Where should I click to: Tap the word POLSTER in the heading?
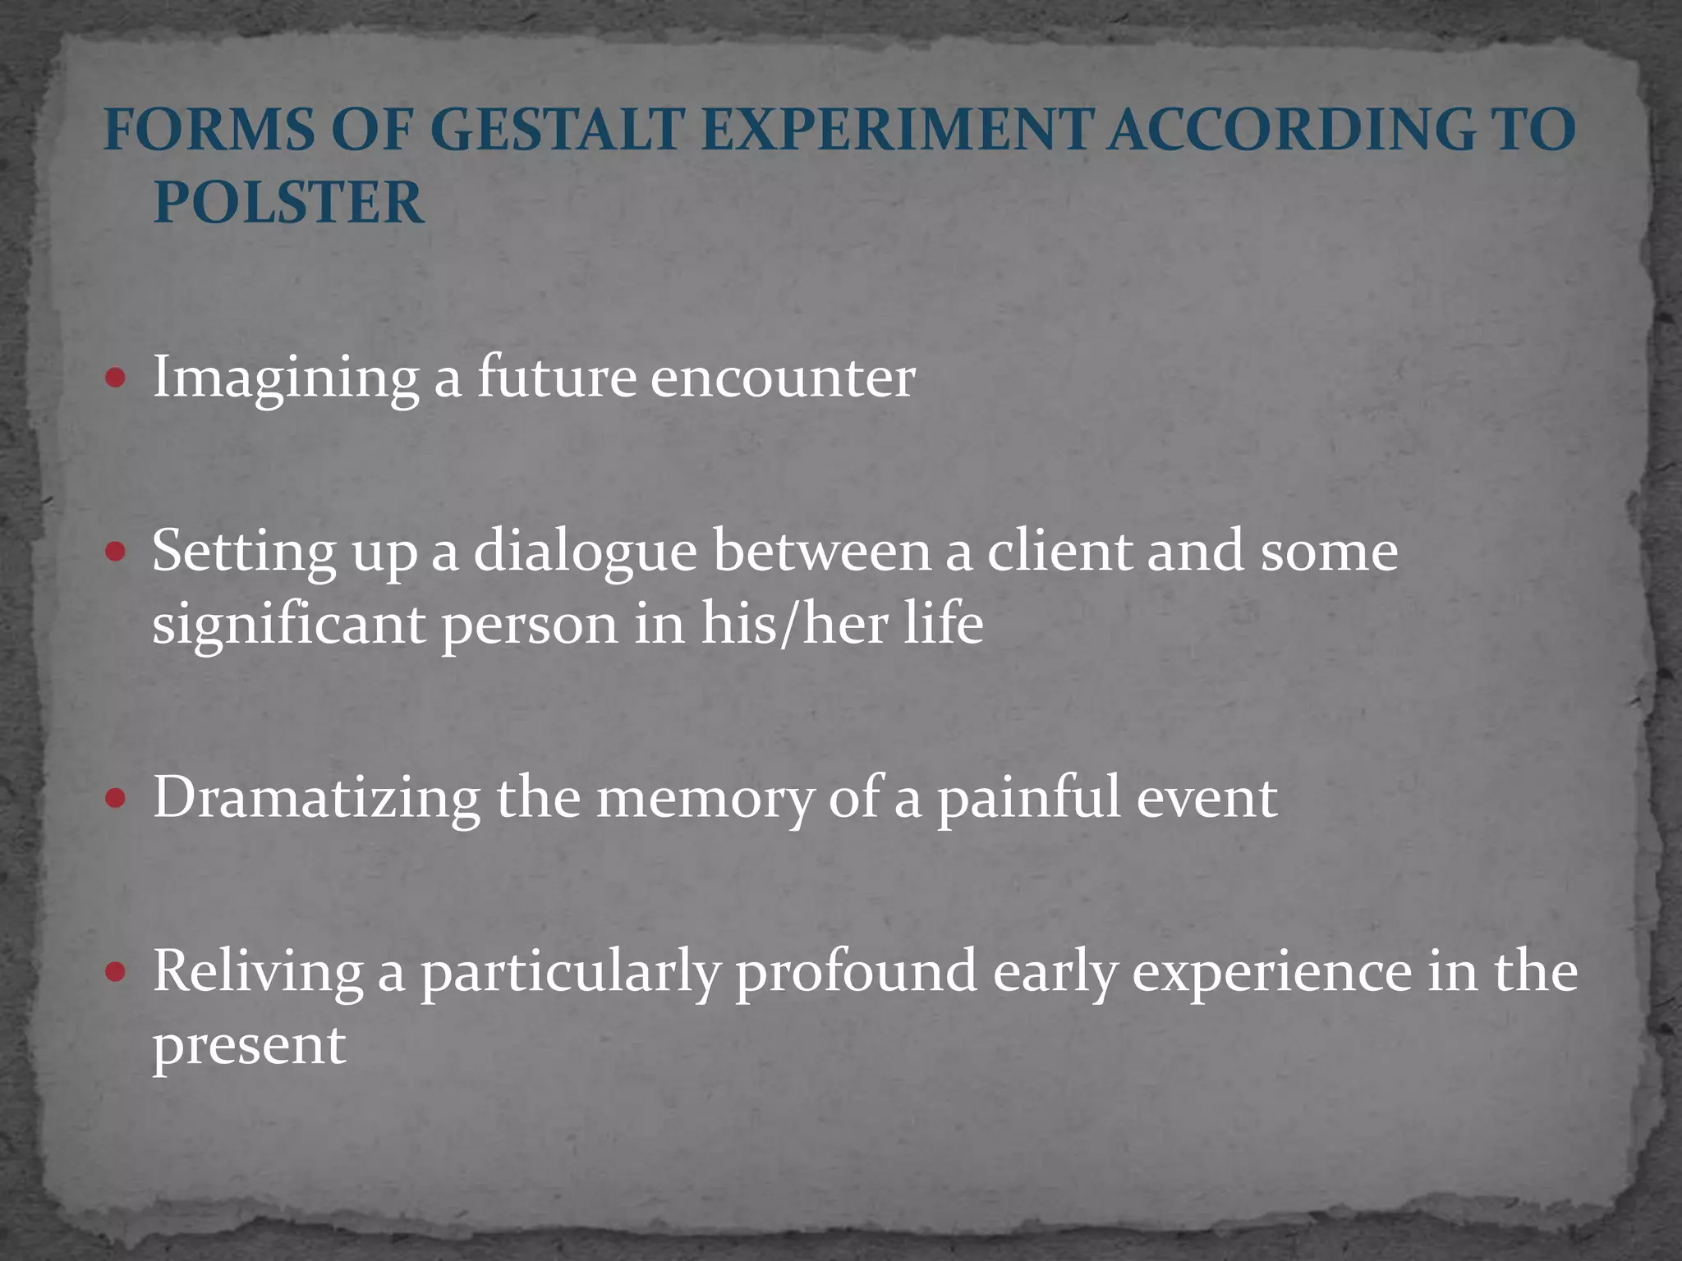(289, 203)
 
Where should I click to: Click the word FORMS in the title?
(209, 131)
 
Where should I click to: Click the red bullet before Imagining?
(116, 378)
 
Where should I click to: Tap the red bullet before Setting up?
(116, 552)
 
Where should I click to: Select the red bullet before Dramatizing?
(116, 798)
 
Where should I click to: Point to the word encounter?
(783, 378)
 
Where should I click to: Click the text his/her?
(793, 624)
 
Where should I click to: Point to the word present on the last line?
(249, 1048)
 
